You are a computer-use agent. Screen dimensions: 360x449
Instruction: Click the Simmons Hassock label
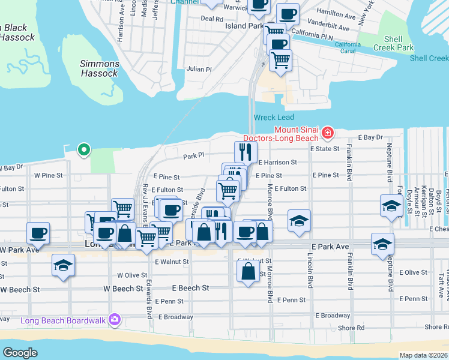[99, 68]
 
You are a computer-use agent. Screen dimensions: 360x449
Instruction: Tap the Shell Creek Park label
[393, 43]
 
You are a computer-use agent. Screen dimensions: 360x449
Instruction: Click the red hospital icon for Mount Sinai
[327, 131]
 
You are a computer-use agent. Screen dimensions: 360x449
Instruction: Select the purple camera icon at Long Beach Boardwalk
[113, 320]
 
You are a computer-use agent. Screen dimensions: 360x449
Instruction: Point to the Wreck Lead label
[274, 117]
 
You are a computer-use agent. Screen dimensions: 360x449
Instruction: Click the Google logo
[20, 353]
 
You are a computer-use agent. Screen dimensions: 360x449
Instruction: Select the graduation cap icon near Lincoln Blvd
[299, 220]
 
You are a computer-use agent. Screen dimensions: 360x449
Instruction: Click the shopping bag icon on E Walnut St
[248, 272]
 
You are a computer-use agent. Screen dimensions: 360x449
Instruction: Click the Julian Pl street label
[199, 69]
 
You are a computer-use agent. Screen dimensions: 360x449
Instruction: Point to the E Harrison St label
[278, 162]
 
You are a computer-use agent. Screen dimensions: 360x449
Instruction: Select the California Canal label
[348, 47]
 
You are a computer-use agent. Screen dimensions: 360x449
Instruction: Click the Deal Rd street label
[212, 19]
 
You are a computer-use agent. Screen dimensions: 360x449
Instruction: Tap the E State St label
[324, 148]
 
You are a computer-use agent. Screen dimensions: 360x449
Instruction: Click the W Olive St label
[132, 275]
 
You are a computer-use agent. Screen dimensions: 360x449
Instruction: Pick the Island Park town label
[244, 26]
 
